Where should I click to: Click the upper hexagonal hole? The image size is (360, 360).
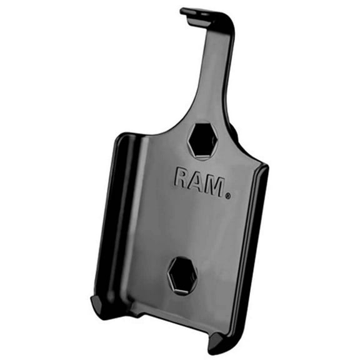(x=202, y=139)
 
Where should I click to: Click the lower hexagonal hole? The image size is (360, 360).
(x=182, y=274)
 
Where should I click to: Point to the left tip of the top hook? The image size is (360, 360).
(x=183, y=11)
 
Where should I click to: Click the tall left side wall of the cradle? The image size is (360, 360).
(x=112, y=219)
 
